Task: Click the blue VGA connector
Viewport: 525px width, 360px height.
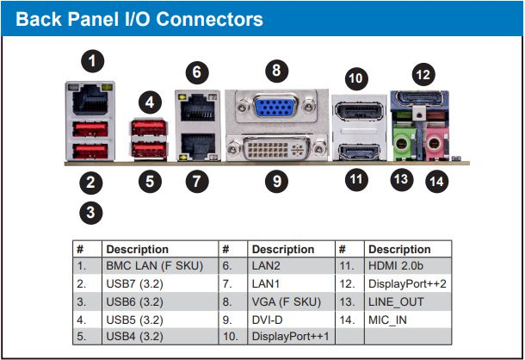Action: click(275, 107)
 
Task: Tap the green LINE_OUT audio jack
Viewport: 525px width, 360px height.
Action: click(401, 145)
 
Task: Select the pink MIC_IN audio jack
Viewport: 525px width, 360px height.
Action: click(434, 145)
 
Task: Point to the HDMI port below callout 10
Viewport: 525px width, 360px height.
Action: click(359, 152)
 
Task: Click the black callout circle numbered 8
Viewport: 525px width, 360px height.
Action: click(276, 71)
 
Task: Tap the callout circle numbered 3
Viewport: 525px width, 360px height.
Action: click(90, 213)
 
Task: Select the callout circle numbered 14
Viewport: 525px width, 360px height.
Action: click(436, 182)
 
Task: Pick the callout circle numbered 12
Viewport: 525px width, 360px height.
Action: click(423, 74)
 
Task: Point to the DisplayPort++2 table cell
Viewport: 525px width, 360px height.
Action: click(407, 284)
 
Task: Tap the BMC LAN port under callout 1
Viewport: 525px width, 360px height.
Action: click(90, 100)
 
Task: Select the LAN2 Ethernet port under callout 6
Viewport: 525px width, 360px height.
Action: click(198, 107)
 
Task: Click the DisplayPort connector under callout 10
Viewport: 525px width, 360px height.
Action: click(359, 112)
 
